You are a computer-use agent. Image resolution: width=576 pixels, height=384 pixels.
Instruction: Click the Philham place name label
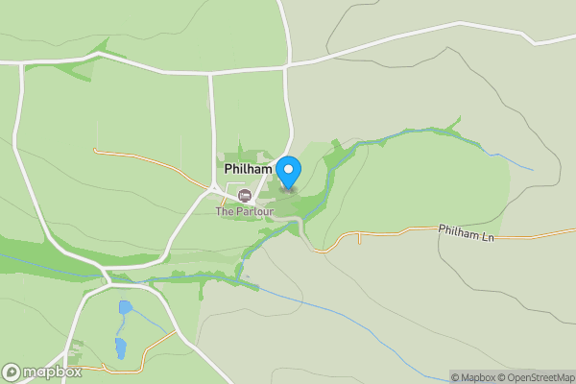click(249, 169)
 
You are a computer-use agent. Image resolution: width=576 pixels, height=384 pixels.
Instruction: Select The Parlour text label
click(244, 211)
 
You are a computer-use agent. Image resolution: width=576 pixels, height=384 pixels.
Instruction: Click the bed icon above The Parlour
click(244, 196)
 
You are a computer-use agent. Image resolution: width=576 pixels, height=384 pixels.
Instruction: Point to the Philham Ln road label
click(466, 232)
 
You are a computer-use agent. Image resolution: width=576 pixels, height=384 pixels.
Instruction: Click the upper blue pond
click(125, 309)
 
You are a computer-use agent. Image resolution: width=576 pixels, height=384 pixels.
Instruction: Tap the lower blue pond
click(121, 348)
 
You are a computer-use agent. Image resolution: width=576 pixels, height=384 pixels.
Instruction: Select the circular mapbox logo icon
click(12, 372)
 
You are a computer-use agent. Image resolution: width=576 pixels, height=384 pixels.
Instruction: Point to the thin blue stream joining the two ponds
click(122, 327)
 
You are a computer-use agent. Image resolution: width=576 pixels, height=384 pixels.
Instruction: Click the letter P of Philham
click(228, 169)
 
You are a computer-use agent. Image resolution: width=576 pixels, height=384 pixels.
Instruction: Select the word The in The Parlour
click(224, 211)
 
